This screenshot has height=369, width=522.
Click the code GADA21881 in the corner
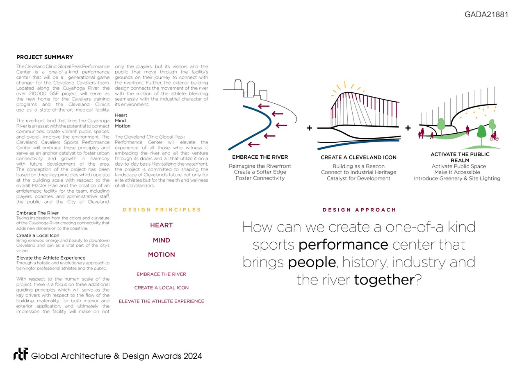pyautogui.click(x=486, y=15)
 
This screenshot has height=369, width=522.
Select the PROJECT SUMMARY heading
pyautogui.click(x=45, y=57)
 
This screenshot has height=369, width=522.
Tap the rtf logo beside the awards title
pyautogui.click(x=21, y=355)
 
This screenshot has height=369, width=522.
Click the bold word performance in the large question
pyautogui.click(x=343, y=245)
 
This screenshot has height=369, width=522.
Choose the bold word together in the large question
pyautogui.click(x=384, y=280)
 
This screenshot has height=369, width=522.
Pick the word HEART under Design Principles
pyautogui.click(x=161, y=225)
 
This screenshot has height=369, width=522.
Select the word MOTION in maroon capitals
pyautogui.click(x=161, y=255)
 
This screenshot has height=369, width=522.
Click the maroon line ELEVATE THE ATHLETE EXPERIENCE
pyautogui.click(x=161, y=301)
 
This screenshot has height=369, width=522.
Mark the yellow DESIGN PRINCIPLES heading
pyautogui.click(x=162, y=210)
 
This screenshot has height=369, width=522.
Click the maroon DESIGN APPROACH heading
pyautogui.click(x=359, y=210)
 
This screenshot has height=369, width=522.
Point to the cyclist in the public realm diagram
pyautogui.click(x=494, y=136)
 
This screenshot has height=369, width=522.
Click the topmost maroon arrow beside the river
pyautogui.click(x=264, y=106)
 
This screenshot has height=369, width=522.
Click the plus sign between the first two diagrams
pyautogui.click(x=309, y=128)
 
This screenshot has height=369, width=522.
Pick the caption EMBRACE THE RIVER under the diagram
pyautogui.click(x=260, y=157)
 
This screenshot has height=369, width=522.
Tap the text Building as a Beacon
pyautogui.click(x=358, y=166)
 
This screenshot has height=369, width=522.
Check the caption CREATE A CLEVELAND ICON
pyautogui.click(x=358, y=157)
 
